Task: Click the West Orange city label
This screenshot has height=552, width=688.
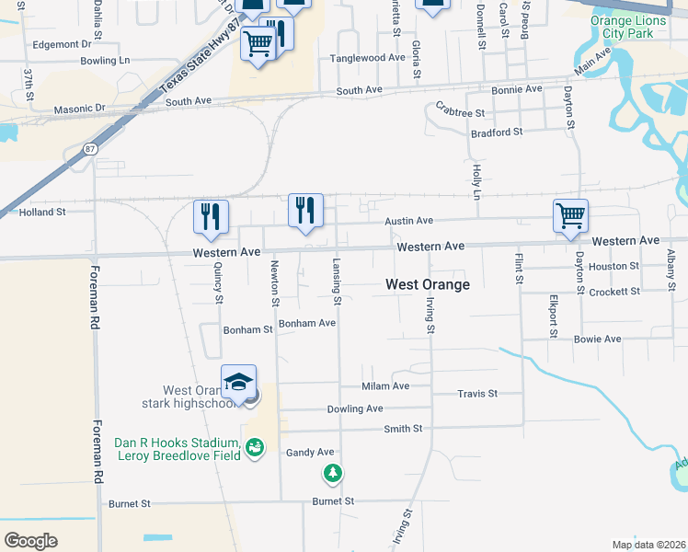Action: tap(427, 284)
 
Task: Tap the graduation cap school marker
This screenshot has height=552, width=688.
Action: tap(239, 381)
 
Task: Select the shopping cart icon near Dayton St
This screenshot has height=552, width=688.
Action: tap(570, 215)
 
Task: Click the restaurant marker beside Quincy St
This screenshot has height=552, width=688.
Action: tap(211, 216)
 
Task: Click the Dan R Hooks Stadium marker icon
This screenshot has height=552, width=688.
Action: tap(255, 448)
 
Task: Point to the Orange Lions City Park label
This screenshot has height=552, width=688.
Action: tap(625, 28)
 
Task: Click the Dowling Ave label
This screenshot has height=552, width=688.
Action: tap(354, 408)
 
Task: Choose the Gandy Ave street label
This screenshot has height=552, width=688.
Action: tap(310, 452)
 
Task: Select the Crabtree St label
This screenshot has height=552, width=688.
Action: tap(460, 112)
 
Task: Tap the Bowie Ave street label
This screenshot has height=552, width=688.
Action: tap(597, 339)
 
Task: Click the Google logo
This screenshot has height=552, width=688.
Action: tap(29, 540)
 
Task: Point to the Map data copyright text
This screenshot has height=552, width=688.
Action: tap(648, 545)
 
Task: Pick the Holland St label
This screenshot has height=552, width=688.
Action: tap(42, 212)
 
